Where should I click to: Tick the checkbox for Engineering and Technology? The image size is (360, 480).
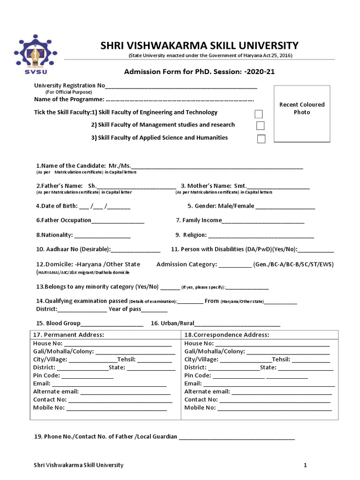[x=258, y=114]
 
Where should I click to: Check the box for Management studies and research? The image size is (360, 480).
[x=260, y=126]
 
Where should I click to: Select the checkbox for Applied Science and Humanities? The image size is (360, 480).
[x=261, y=139]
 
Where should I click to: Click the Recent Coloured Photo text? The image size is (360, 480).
[x=302, y=108]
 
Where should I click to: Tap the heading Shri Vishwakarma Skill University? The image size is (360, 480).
[x=199, y=45]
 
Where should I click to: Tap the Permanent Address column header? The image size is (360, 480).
[x=68, y=335]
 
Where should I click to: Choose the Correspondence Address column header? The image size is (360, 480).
[x=227, y=335]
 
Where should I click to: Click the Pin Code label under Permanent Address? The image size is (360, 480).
[x=46, y=375]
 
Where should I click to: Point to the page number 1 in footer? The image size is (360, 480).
[x=305, y=465]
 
